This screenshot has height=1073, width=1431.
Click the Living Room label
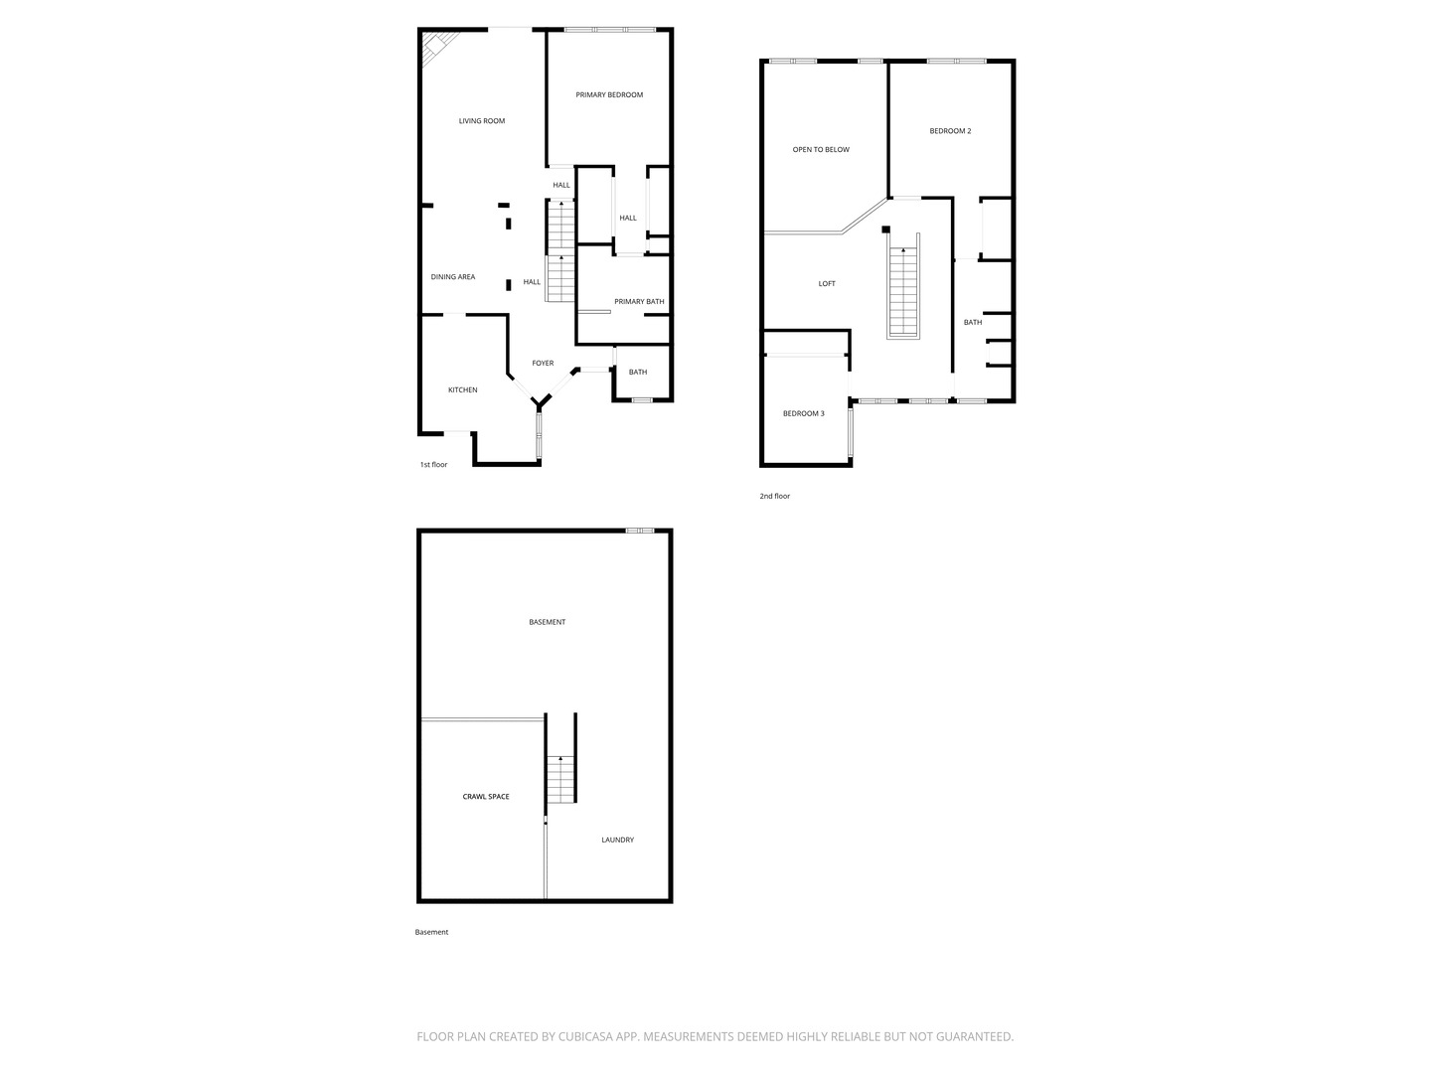(482, 120)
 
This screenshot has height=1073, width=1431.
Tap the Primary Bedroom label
(609, 94)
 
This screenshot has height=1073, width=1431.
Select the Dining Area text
(452, 277)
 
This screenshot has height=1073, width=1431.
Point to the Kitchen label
(462, 389)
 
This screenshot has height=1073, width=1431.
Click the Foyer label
(543, 363)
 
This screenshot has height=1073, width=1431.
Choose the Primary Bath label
(639, 302)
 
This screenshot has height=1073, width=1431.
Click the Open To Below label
(821, 149)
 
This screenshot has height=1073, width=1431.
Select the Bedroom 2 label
(950, 131)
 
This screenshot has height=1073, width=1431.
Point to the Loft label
(827, 283)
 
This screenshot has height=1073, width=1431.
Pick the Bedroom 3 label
(803, 413)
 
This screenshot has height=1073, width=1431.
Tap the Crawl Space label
(486, 796)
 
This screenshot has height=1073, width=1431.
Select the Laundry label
(617, 840)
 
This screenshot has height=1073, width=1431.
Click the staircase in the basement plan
(560, 779)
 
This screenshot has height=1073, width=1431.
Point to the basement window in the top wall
(640, 531)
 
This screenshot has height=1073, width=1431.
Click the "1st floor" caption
(433, 465)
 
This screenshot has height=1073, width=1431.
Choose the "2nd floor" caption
(774, 496)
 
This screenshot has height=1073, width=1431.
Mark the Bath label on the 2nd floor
(972, 322)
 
